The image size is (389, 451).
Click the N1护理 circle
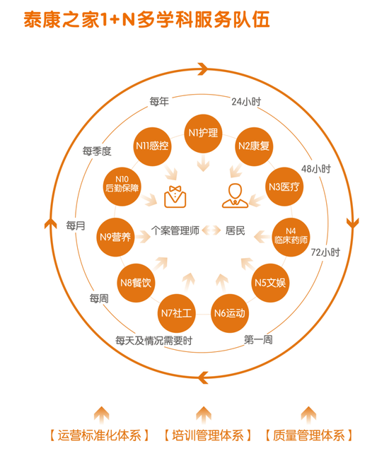coord(203,133)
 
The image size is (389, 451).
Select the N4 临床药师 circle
coord(291,238)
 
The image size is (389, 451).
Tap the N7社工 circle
coord(176,313)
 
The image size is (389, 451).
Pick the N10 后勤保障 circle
coord(122,186)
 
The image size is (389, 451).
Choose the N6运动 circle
coord(230,313)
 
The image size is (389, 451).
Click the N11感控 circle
coord(152,146)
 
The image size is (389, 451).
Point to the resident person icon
coord(235,196)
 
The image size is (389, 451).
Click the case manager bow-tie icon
coord(175,197)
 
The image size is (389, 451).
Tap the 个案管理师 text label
coord(175,230)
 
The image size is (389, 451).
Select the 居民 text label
coord(235,230)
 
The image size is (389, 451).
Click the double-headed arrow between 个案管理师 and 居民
coord(211,230)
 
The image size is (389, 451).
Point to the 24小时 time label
coord(246,102)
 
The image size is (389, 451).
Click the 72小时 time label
coord(325,252)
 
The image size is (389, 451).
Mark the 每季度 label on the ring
coord(97,151)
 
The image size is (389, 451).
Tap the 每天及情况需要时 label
coord(153,341)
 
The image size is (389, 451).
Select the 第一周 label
coord(258,340)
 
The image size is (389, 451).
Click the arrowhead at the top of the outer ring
coord(204,69)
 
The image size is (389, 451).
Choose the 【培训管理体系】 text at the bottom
coord(208,435)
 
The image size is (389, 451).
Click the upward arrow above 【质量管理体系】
coord(308,414)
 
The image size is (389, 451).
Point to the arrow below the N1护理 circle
coord(203,163)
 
